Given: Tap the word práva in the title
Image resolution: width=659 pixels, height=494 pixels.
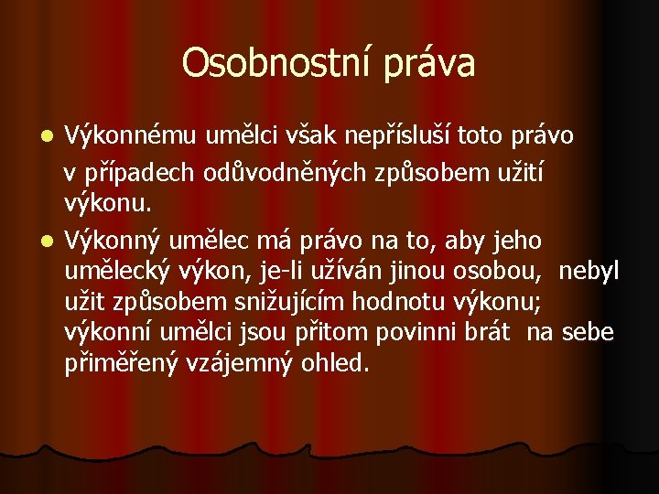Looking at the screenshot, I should [x=429, y=63].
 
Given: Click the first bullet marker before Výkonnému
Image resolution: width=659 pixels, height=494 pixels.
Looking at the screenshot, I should [x=49, y=137].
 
